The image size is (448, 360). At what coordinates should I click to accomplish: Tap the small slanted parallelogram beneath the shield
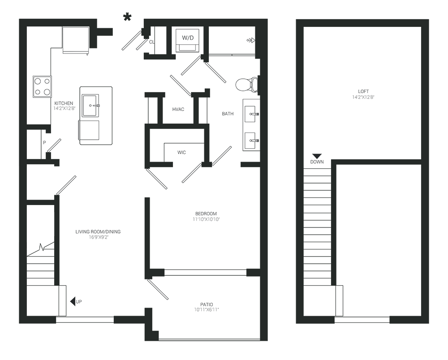pos(319,151)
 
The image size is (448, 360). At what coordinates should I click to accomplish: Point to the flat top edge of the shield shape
pos(362,61)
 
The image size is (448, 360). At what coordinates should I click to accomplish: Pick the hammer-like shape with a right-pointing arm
pos(130,49)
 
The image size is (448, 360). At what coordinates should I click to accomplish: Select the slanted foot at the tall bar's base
pos(224,157)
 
